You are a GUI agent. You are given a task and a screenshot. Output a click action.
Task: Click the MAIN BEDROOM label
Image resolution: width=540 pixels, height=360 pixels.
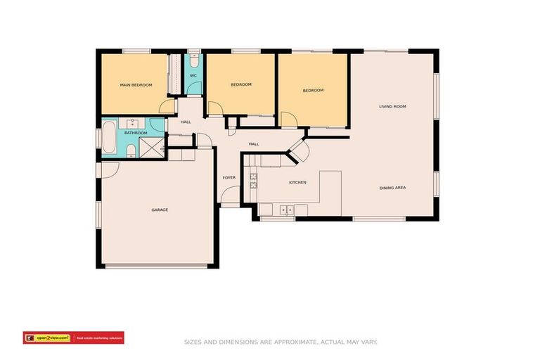tap(136, 85)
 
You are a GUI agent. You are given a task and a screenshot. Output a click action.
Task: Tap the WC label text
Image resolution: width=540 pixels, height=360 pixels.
tap(193, 76)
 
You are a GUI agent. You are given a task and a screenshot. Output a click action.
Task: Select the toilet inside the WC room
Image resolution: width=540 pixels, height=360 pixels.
tap(194, 60)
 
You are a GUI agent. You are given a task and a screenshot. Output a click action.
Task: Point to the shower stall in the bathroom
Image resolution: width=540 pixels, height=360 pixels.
tap(151, 146)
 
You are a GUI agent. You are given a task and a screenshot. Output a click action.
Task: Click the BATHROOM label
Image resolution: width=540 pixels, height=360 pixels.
tap(136, 132)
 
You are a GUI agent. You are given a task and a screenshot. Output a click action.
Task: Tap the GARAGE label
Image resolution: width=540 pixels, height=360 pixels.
tap(160, 210)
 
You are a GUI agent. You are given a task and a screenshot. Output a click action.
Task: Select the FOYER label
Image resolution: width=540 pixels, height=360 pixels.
tap(229, 178)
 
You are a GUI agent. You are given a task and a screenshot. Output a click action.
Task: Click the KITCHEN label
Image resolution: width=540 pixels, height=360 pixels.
tap(297, 183)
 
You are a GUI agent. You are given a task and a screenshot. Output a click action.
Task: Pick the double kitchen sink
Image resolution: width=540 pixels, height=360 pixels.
tap(286, 210)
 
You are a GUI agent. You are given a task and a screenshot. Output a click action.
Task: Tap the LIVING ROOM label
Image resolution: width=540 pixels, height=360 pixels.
tap(392, 106)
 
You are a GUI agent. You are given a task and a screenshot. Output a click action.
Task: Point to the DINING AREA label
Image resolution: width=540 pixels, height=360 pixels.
tap(392, 188)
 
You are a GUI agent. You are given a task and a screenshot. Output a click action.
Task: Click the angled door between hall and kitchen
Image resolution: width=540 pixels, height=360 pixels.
tap(298, 151)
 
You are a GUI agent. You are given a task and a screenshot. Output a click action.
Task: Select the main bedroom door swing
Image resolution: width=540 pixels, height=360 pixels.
tap(167, 106)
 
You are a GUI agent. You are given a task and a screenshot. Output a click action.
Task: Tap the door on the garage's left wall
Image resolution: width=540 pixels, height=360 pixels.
tap(109, 171)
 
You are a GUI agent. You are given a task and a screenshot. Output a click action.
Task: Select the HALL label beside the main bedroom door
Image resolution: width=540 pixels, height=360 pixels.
tap(186, 122)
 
